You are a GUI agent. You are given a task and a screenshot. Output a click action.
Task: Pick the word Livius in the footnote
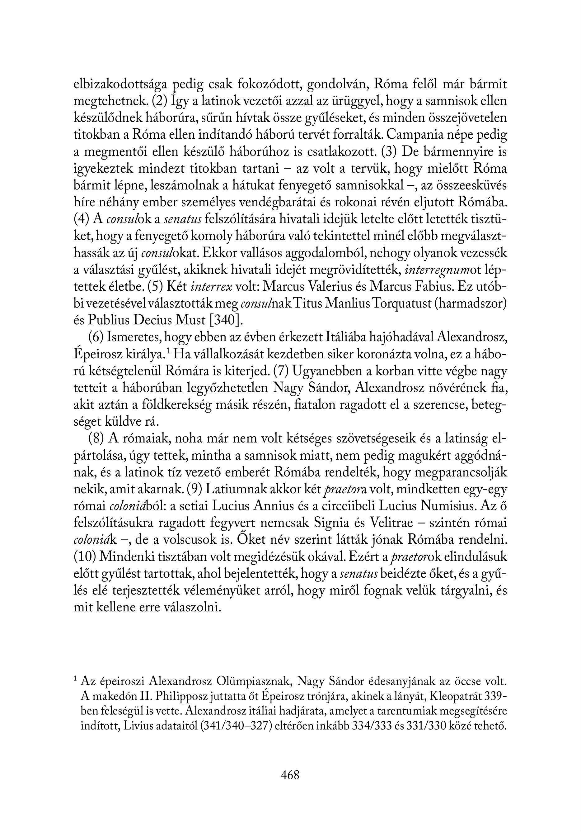tap(136, 726)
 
